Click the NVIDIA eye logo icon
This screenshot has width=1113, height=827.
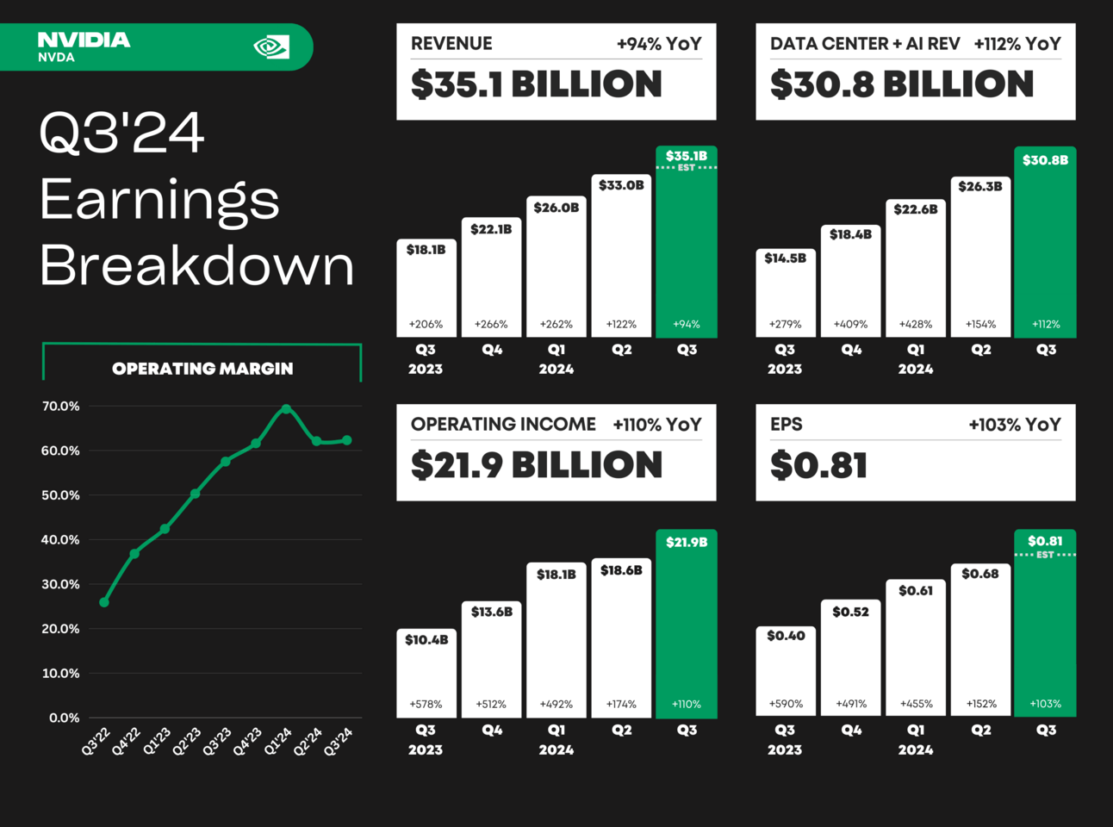click(x=271, y=47)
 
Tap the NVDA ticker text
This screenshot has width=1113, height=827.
click(x=56, y=58)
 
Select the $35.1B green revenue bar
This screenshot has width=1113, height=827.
click(x=686, y=250)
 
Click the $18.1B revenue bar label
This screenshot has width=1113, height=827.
click(x=426, y=250)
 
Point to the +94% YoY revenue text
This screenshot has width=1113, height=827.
click(x=659, y=44)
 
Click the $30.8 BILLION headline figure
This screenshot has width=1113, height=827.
click(x=901, y=84)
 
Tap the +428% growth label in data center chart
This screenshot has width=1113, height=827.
click(x=916, y=325)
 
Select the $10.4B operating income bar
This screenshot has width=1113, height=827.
click(x=426, y=676)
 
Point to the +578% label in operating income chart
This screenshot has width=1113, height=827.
click(x=426, y=704)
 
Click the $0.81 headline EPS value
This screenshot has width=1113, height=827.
click(x=818, y=466)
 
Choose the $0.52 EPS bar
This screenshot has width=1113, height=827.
click(x=850, y=659)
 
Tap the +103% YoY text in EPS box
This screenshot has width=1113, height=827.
click(x=1014, y=425)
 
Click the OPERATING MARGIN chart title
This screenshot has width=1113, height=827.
click(x=202, y=369)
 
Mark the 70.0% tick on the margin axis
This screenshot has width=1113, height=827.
click(x=60, y=406)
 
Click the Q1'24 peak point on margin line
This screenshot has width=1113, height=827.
click(x=286, y=408)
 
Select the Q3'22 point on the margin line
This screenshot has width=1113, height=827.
click(x=104, y=602)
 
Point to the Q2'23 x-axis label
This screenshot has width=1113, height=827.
click(x=186, y=742)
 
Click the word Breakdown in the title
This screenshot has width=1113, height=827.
click(x=197, y=265)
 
